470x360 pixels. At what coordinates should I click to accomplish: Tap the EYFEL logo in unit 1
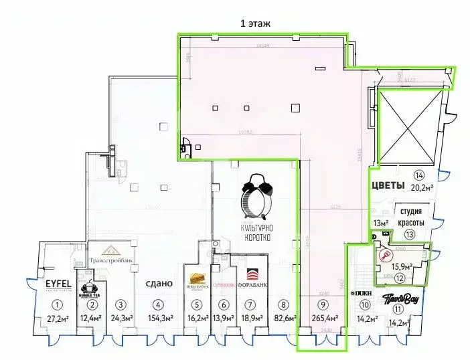(58, 283)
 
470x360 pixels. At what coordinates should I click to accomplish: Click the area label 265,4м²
(323, 319)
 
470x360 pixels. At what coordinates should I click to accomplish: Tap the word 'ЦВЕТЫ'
(388, 185)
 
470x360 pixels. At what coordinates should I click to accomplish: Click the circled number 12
(400, 278)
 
